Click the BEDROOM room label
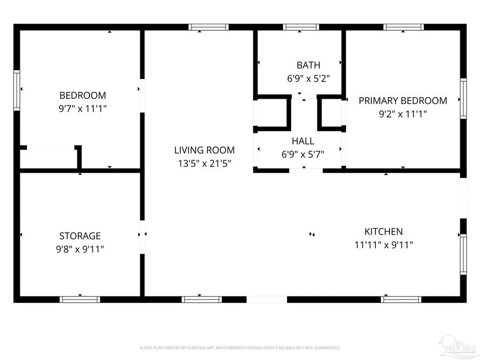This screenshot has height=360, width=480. tap(82, 95)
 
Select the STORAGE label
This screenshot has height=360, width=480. tap(80, 236)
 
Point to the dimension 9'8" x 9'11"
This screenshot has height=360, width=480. tap(80, 249)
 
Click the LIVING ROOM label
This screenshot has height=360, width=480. tap(204, 150)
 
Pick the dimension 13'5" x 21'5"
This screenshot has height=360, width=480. tap(204, 163)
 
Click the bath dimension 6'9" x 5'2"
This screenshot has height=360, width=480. tap(308, 78)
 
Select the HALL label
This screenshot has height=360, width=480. tap(302, 141)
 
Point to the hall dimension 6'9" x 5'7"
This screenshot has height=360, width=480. tap(302, 155)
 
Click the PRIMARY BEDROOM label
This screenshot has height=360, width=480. tap(403, 100)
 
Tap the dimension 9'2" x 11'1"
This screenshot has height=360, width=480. tap(403, 113)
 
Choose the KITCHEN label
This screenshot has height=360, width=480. tap(383, 231)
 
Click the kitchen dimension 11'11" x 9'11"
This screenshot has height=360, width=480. tap(383, 245)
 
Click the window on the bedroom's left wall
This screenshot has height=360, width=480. tap(17, 90)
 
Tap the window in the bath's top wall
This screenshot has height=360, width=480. tap(301, 27)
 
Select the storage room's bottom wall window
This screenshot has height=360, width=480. tap(79, 299)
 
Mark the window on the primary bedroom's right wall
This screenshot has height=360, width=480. tap(463, 98)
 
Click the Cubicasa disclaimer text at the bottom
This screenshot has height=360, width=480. tap(239, 348)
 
